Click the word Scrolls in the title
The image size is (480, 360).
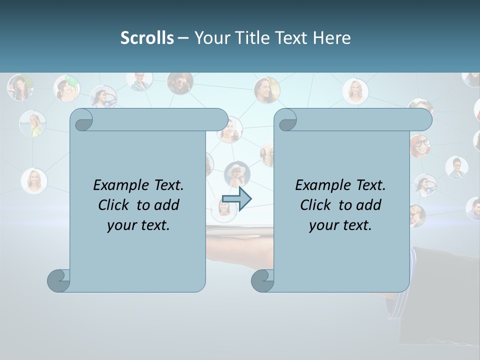click(x=147, y=37)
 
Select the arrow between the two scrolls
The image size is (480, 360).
click(x=236, y=199)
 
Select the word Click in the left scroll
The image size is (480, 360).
click(x=114, y=205)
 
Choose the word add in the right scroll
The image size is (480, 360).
click(x=369, y=205)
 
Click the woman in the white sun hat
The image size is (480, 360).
click(x=236, y=174)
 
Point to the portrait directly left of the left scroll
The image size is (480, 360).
click(x=34, y=180)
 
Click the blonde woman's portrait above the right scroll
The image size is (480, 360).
click(x=355, y=91)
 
